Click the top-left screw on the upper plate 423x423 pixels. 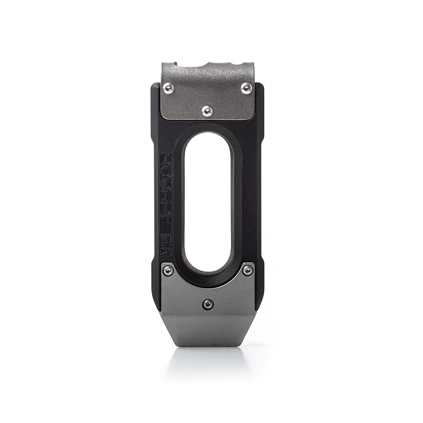(x=168, y=87)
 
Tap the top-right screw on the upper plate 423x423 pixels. (x=246, y=87)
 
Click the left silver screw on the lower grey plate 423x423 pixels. (x=167, y=271)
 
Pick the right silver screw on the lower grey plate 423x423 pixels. (x=247, y=271)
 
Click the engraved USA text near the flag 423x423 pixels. (x=167, y=240)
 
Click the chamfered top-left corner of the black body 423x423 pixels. (x=154, y=88)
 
